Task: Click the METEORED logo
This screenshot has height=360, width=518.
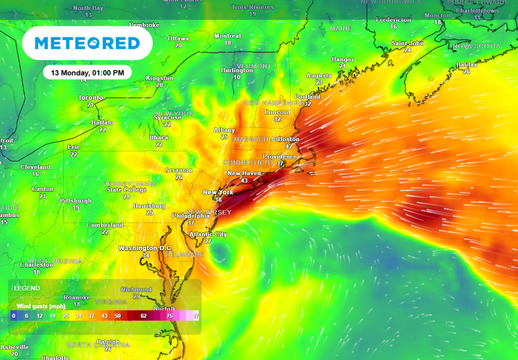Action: point(87,43)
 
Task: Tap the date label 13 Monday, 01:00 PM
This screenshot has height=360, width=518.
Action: point(87,73)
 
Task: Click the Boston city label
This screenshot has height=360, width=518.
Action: point(289,139)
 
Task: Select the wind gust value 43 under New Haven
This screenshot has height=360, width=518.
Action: point(244,181)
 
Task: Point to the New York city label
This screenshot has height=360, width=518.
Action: point(218,192)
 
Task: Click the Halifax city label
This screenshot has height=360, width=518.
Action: point(466,65)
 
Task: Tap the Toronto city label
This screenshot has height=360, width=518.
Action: point(91,98)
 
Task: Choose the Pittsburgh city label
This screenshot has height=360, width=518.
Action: point(76,201)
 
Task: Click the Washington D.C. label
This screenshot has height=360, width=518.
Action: point(145,248)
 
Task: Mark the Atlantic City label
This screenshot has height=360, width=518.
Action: point(208,234)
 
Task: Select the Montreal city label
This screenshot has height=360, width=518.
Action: point(228,36)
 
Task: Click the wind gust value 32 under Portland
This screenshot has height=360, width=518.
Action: point(308,104)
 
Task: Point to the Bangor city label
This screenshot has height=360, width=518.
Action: point(342,60)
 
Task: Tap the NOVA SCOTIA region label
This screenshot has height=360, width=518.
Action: point(476,46)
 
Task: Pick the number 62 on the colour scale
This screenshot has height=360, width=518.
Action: point(144,316)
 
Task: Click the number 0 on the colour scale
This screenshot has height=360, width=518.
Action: point(14,316)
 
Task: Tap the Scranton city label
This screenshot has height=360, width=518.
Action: point(179,170)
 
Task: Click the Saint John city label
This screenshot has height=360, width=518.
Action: point(408,43)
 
